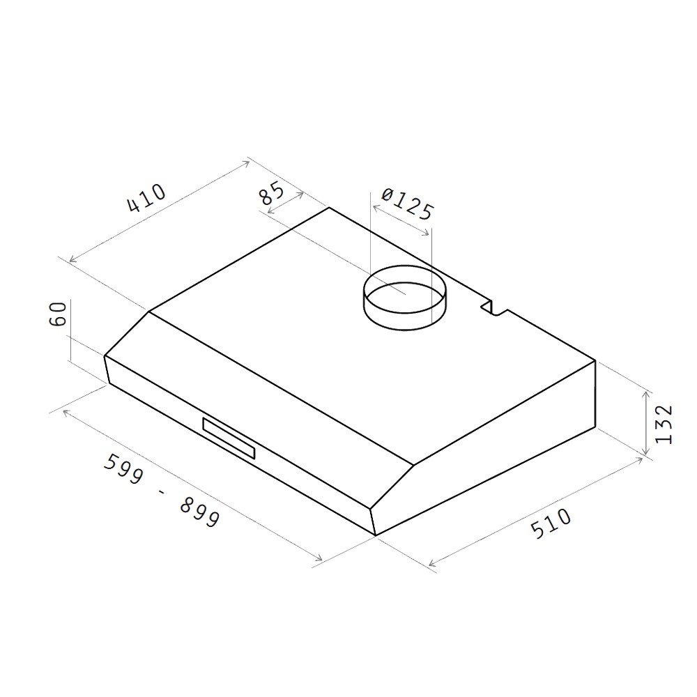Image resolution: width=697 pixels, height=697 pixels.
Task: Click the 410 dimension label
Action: click(146, 198)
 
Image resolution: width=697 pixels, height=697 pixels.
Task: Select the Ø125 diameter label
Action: click(407, 204)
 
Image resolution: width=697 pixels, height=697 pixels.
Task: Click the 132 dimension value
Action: click(664, 424)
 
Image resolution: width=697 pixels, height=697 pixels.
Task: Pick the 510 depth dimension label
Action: click(551, 523)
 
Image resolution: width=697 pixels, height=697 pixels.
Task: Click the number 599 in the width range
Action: click(123, 469)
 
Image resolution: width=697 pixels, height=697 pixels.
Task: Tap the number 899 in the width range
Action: click(199, 512)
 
